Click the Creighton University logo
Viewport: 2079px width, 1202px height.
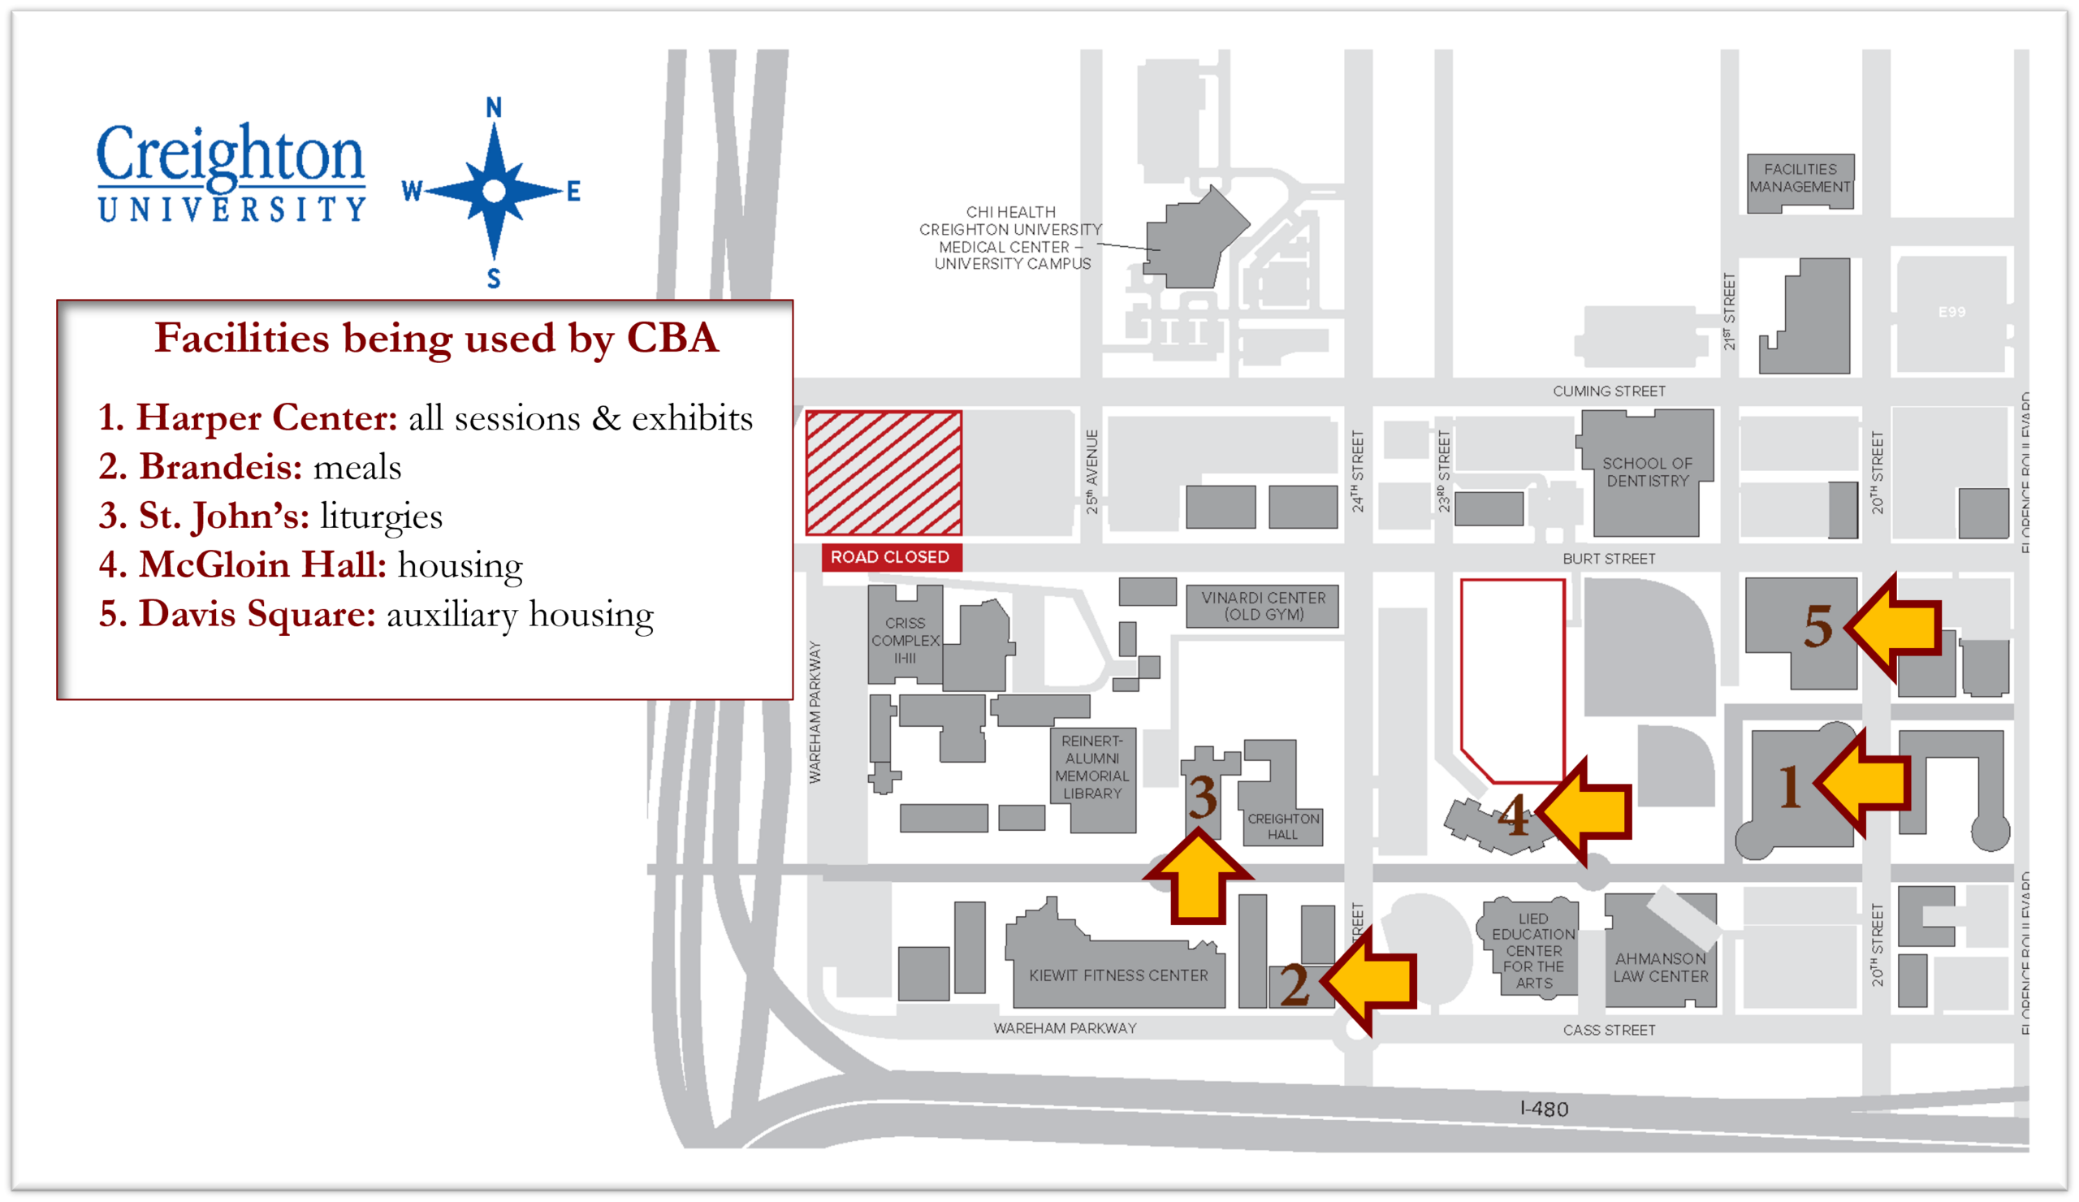(230, 172)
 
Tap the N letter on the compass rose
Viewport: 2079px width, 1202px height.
(493, 107)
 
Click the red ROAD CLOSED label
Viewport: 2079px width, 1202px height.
(890, 557)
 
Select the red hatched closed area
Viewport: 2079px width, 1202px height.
(884, 473)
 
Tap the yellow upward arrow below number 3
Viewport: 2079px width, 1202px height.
(1198, 879)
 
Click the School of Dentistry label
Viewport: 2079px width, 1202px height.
(1647, 472)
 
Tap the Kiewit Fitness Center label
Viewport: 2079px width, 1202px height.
(1118, 975)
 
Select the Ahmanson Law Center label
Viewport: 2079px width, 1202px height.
(1660, 968)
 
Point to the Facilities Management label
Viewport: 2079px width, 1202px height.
(1800, 178)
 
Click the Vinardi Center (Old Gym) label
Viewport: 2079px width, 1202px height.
(1263, 606)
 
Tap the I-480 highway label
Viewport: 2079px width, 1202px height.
(1544, 1109)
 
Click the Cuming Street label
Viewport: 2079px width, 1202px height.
(1609, 391)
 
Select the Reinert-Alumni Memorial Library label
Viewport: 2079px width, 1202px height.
(1091, 767)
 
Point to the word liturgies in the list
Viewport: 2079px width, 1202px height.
(381, 517)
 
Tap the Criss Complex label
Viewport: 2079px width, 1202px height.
(905, 640)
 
